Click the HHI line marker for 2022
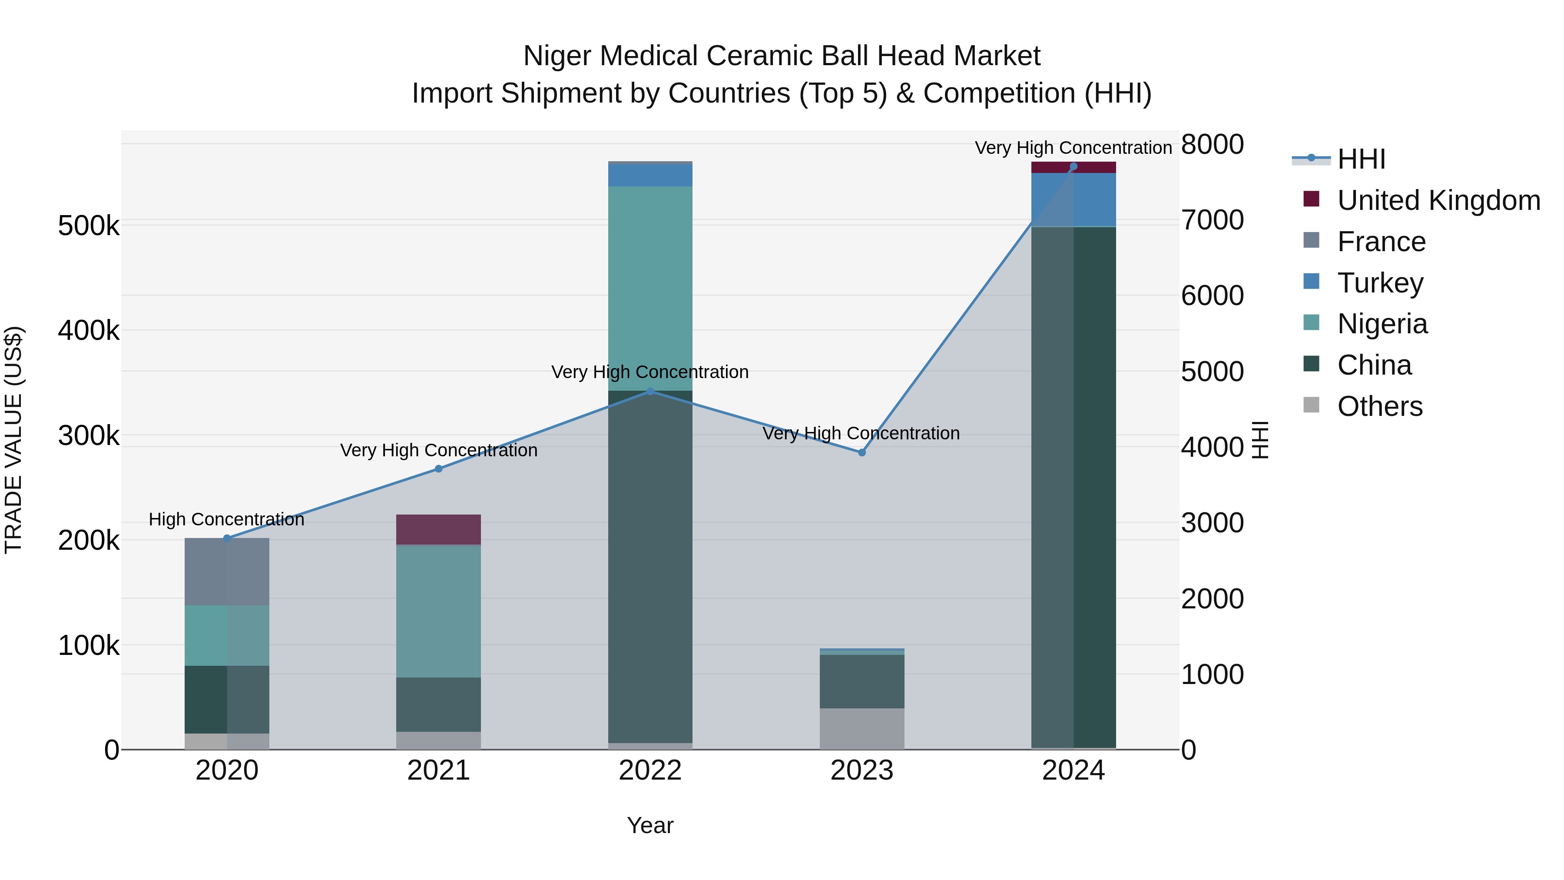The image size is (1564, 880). [x=650, y=392]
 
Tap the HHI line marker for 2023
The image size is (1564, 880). [x=862, y=452]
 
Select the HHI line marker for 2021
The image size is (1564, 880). [x=438, y=469]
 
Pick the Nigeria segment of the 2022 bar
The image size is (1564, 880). [x=650, y=289]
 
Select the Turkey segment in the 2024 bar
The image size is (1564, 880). [x=1074, y=200]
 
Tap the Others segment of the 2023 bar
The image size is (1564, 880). [x=862, y=729]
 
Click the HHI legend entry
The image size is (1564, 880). [x=1361, y=159]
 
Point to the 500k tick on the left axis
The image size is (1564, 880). [x=89, y=226]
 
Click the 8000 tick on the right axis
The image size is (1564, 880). [x=1212, y=145]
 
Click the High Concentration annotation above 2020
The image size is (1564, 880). [x=226, y=520]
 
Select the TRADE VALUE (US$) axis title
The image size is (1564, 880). [x=13, y=440]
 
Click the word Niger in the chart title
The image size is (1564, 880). [x=558, y=56]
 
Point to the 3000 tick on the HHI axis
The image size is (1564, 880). [x=1212, y=523]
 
